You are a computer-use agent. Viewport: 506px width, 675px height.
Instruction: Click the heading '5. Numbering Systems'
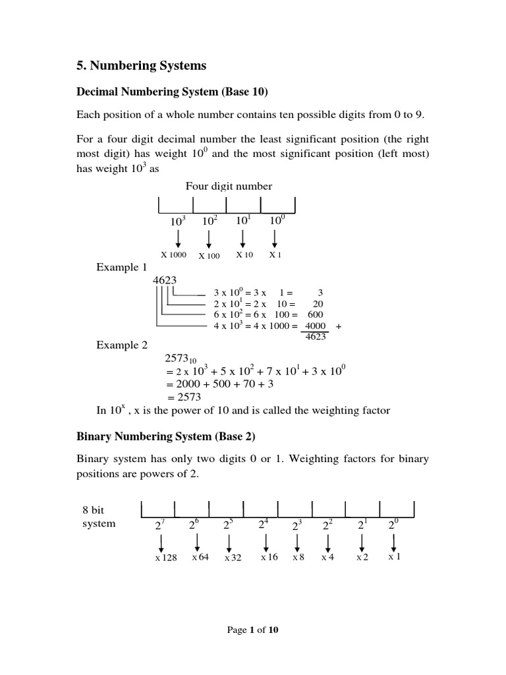pos(142,65)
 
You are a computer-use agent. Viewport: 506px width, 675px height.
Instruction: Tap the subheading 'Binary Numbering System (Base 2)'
pos(165,436)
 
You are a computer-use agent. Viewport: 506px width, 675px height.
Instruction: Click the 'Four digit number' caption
pos(229,187)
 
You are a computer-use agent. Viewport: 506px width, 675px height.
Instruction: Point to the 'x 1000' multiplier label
pos(174,255)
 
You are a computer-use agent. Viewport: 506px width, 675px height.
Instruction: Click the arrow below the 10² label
pos(209,237)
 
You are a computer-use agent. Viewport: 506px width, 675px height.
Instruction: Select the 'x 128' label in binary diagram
pos(166,558)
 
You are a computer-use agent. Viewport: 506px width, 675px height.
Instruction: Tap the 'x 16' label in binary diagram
pos(269,557)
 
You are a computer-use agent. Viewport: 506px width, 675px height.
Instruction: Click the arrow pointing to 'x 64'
pos(197,541)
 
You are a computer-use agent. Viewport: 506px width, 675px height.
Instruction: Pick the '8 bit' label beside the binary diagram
pos(94,510)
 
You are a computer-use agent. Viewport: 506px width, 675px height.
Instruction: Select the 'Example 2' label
pos(122,345)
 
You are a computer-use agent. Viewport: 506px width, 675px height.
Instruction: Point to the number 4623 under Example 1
pos(165,279)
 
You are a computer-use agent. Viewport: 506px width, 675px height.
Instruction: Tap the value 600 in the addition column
pos(316,314)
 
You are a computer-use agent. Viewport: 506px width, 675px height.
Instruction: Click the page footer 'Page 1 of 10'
pos(253,630)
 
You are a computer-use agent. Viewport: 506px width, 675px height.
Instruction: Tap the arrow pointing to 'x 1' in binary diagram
pos(393,541)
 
